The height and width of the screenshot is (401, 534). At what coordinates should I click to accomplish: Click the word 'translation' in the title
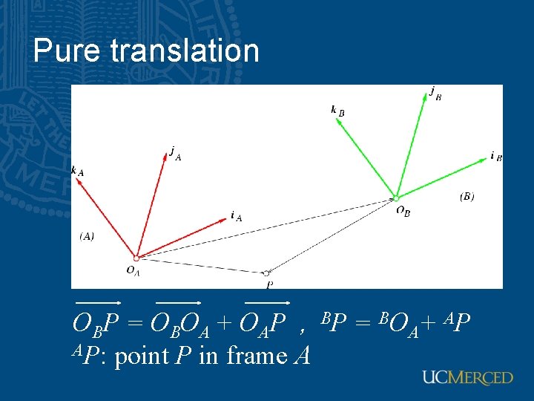pyautogui.click(x=185, y=51)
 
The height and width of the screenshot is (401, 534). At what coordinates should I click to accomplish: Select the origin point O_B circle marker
pyautogui.click(x=396, y=198)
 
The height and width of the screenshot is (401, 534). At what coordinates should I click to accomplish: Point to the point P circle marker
pyautogui.click(x=266, y=273)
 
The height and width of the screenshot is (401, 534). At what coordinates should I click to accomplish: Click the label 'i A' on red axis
pyautogui.click(x=236, y=216)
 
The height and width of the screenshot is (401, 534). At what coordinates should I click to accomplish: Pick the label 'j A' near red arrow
pyautogui.click(x=175, y=152)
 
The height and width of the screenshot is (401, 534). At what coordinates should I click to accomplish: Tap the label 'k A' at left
pyautogui.click(x=77, y=172)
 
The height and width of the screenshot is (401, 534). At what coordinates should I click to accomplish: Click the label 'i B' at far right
pyautogui.click(x=496, y=157)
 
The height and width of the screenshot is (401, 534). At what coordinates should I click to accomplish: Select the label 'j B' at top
pyautogui.click(x=435, y=93)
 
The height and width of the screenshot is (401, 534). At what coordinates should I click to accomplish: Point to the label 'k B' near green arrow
pyautogui.click(x=337, y=111)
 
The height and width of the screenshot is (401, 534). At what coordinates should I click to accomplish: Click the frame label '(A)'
pyautogui.click(x=87, y=236)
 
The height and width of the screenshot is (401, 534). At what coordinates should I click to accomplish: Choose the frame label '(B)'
pyautogui.click(x=467, y=196)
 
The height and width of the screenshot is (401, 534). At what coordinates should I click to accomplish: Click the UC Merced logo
pyautogui.click(x=467, y=377)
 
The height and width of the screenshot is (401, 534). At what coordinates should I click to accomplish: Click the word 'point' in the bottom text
pyautogui.click(x=142, y=356)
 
